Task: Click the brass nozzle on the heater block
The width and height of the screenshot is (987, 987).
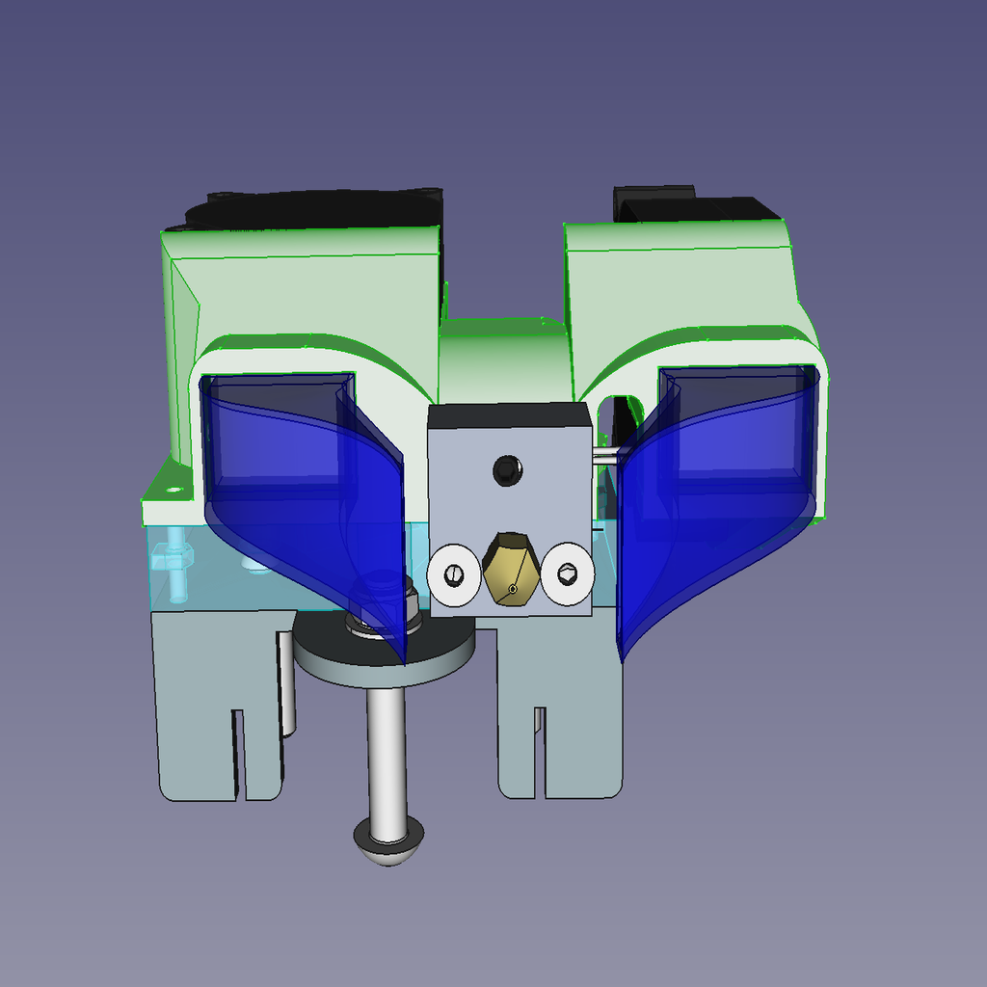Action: (511, 569)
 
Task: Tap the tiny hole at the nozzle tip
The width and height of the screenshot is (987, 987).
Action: (513, 588)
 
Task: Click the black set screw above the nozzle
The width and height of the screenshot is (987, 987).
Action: (507, 470)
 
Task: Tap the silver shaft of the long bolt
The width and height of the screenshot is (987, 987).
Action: (384, 752)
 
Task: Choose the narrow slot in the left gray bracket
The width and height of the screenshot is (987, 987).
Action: (237, 752)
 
